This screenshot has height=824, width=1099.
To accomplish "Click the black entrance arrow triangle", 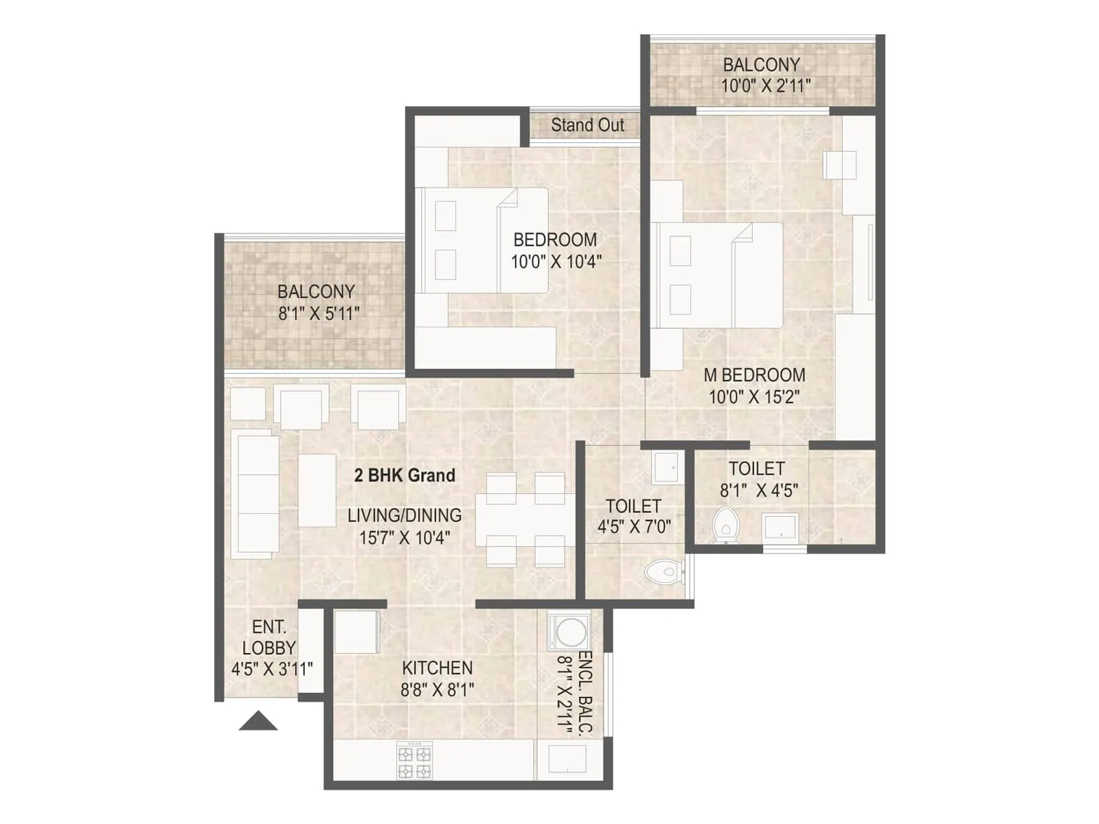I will [258, 722].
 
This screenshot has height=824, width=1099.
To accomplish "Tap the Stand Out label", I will [587, 125].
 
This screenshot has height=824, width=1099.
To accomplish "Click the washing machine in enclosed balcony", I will [569, 632].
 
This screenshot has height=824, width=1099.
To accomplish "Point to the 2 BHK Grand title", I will [405, 475].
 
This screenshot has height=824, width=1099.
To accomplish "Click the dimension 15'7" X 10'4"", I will [405, 538].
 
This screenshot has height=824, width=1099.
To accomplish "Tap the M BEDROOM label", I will [754, 375].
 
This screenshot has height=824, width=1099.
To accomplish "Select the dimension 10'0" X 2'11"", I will [765, 86].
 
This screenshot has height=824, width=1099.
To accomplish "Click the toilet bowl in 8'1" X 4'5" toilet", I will [724, 525].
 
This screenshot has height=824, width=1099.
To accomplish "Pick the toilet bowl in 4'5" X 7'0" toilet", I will [664, 571].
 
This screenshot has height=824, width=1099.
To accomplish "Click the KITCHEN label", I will [437, 667].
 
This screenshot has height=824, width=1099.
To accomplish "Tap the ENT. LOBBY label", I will [269, 637].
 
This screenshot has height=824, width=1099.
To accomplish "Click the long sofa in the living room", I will [256, 493].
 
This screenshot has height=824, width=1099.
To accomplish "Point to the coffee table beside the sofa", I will [317, 490].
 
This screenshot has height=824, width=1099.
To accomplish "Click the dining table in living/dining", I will [524, 520].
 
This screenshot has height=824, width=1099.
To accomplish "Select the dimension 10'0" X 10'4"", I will [556, 262].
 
